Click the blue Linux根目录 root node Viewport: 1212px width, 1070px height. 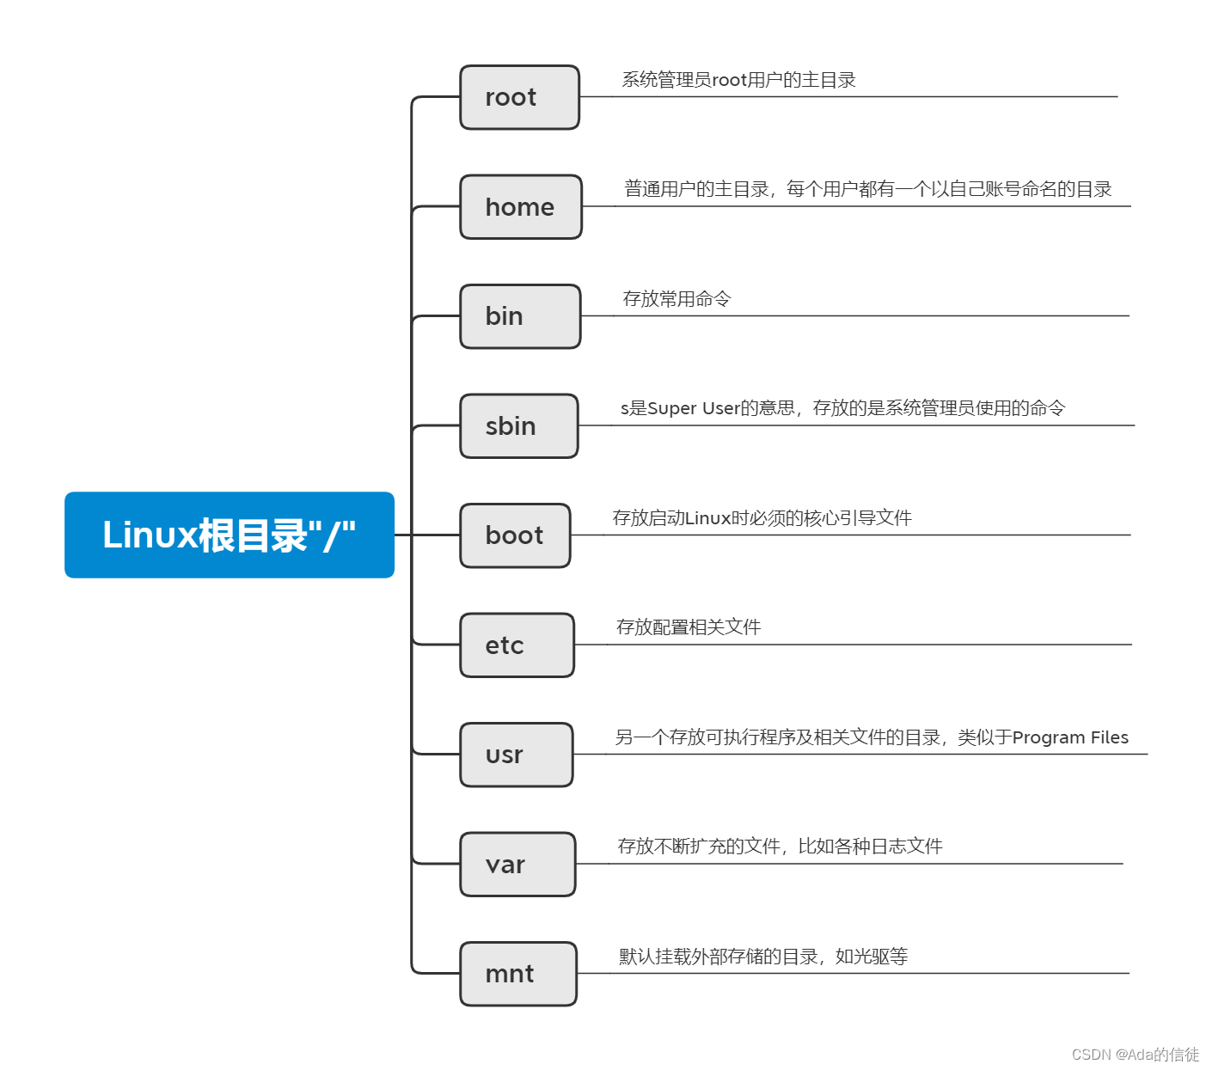(230, 535)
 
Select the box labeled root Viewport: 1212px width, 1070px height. (519, 97)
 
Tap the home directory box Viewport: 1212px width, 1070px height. (520, 207)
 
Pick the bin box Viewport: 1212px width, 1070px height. (520, 316)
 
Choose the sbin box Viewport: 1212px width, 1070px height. (519, 426)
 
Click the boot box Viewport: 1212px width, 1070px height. (515, 535)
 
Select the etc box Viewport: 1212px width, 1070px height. (517, 645)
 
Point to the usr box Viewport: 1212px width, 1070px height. (516, 755)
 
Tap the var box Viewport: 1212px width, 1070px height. (517, 865)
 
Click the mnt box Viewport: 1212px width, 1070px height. (517, 974)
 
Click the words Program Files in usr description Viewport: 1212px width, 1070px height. (1070, 737)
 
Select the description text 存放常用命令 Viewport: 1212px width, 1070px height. (676, 299)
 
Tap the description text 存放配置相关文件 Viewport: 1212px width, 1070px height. (689, 627)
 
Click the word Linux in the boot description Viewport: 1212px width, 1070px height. (707, 518)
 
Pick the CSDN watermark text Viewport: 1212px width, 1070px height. (1135, 1055)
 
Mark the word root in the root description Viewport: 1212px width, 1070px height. (729, 81)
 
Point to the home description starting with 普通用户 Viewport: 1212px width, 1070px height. (868, 189)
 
